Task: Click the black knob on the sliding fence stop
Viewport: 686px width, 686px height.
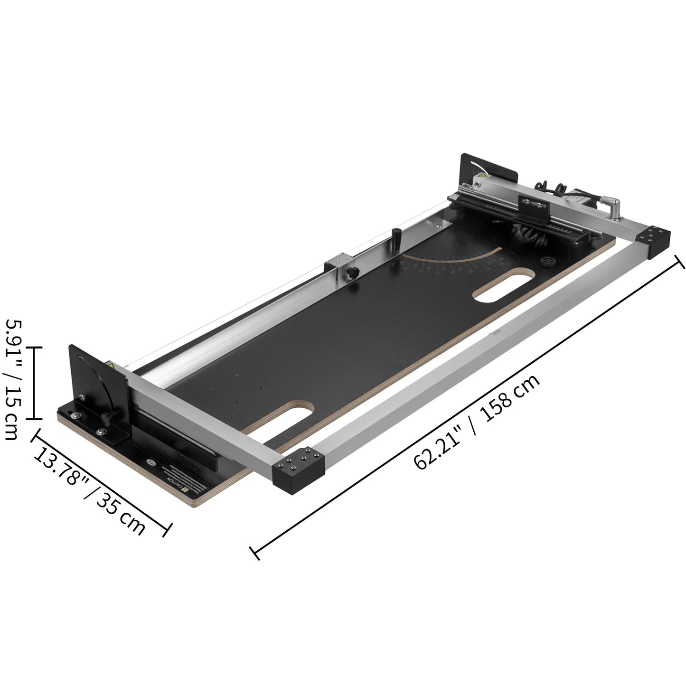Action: [x=352, y=273]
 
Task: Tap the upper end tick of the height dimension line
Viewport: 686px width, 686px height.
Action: [x=35, y=347]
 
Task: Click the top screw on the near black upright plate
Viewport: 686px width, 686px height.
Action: [x=83, y=398]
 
